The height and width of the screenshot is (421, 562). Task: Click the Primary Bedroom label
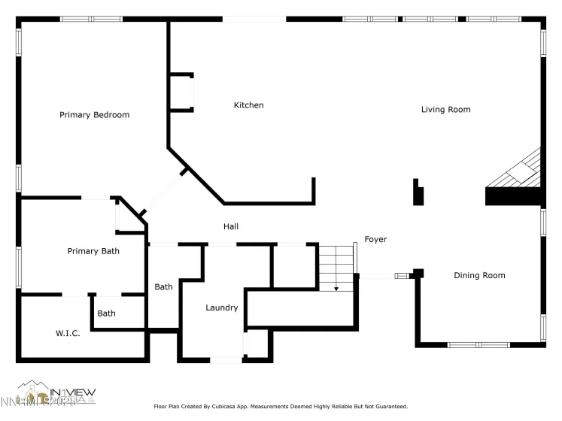click(95, 115)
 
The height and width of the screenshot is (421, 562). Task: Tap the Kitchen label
click(248, 105)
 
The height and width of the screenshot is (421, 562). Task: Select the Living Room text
click(445, 110)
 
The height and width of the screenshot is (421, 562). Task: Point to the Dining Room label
click(479, 275)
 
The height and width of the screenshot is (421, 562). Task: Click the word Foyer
click(375, 240)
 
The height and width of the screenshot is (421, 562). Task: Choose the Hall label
click(231, 226)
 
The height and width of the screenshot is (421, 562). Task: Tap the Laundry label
click(222, 307)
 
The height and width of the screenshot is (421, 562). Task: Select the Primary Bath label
click(93, 251)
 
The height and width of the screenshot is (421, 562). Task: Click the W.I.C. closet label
click(68, 333)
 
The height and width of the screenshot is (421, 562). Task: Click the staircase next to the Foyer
click(336, 267)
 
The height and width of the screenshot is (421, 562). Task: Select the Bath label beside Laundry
click(164, 286)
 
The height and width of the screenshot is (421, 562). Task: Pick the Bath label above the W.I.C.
click(107, 313)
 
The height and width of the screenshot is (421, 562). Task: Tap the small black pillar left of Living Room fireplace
click(418, 192)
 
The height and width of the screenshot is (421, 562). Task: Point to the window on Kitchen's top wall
click(254, 19)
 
